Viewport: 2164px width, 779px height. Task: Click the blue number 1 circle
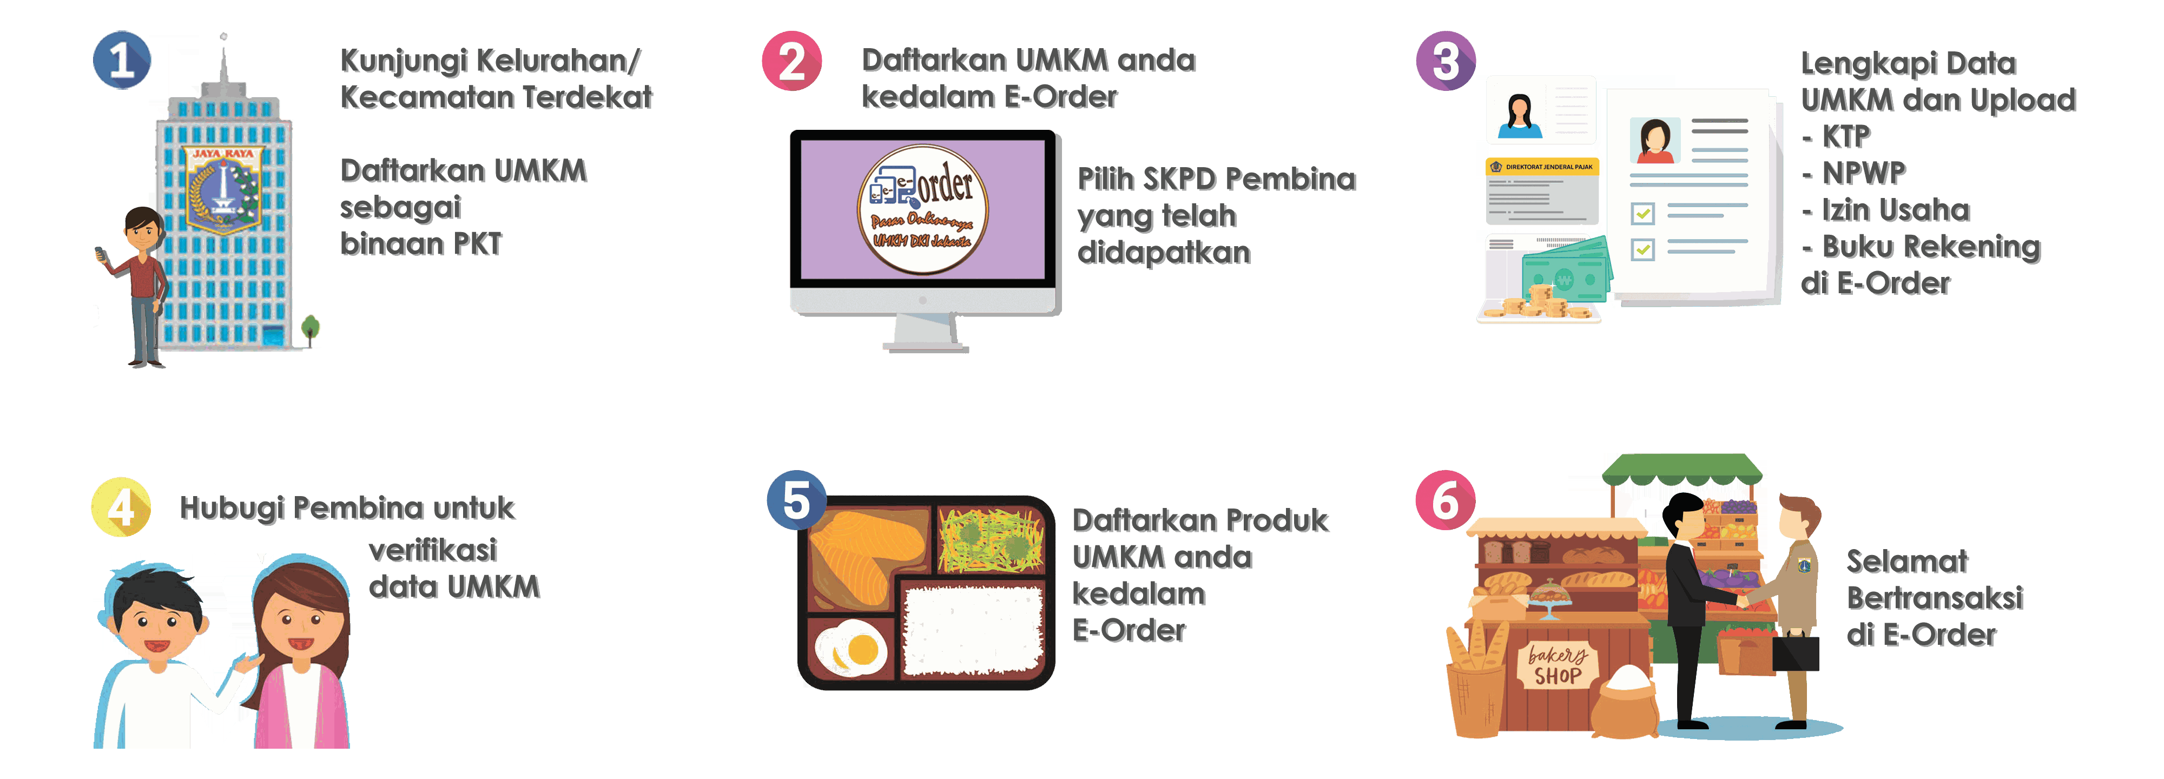[122, 61]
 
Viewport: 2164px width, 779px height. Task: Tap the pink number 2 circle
[791, 61]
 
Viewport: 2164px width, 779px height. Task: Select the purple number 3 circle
[1445, 61]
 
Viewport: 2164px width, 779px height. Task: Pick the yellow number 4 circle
[121, 507]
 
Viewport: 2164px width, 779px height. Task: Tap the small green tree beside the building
[311, 328]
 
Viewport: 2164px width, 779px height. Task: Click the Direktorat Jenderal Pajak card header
[1541, 167]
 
